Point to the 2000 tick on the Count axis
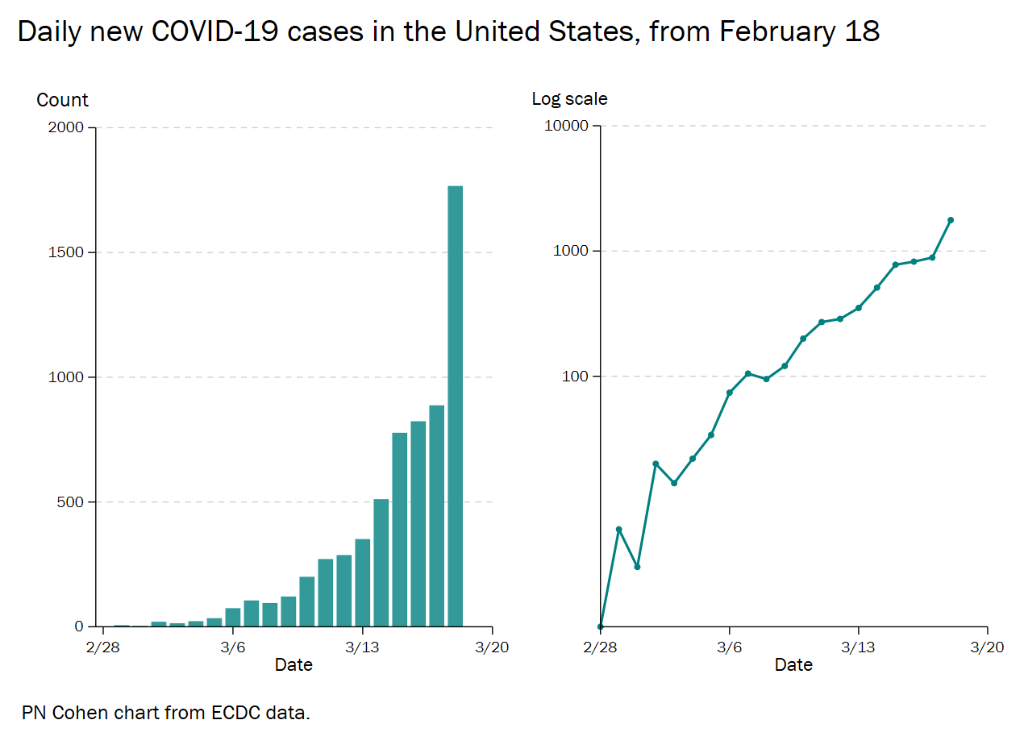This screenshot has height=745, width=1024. [x=67, y=127]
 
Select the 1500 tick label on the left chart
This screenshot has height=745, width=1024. [x=67, y=252]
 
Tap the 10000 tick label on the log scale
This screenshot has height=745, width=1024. [x=567, y=126]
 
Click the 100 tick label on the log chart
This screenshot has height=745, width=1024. [x=577, y=377]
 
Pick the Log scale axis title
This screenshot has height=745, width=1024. [x=569, y=98]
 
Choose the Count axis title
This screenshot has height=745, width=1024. [x=62, y=100]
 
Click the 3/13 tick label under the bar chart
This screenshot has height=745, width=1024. [x=362, y=647]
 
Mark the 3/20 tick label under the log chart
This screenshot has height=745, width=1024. [x=987, y=647]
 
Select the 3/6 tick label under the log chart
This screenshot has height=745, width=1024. [x=730, y=647]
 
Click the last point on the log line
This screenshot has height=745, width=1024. [x=951, y=220]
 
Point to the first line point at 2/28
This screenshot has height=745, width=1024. [x=601, y=626]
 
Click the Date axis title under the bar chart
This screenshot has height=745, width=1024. [x=293, y=665]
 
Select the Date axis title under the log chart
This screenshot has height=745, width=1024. [x=793, y=665]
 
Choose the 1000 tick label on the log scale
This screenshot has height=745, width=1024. [x=572, y=251]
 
